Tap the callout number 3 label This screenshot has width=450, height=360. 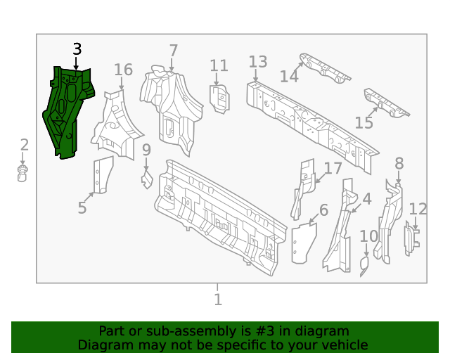click(x=77, y=49)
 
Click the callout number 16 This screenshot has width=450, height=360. click(x=123, y=70)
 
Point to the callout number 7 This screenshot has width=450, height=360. click(x=173, y=51)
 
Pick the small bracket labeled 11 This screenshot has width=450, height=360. click(x=219, y=98)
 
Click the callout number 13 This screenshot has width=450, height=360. click(x=258, y=62)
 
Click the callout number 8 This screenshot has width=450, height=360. click(x=399, y=164)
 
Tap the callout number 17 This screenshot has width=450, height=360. click(x=333, y=168)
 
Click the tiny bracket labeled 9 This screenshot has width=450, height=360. click(x=147, y=179)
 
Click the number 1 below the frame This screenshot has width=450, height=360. click(x=218, y=300)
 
